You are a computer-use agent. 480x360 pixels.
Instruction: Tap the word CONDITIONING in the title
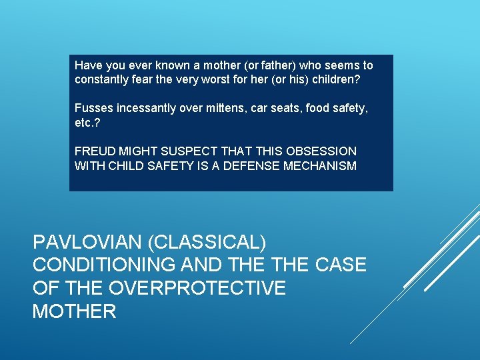(x=101, y=265)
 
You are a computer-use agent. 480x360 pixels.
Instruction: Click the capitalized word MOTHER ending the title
(x=74, y=311)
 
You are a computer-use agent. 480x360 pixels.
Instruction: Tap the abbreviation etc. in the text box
(x=85, y=123)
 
